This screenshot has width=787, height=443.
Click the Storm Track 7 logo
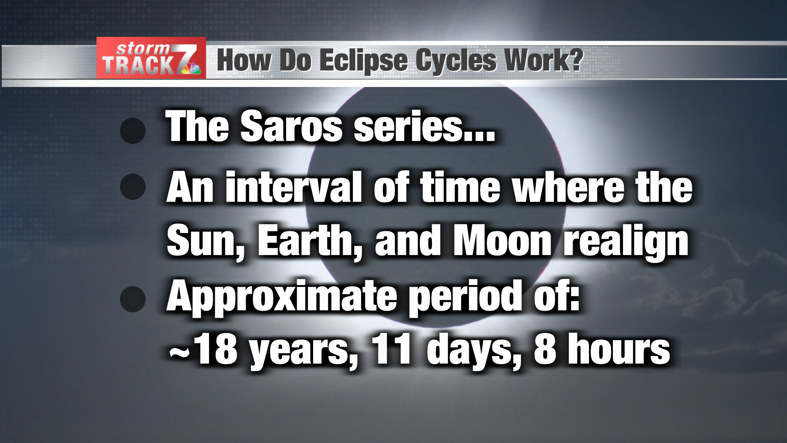tap(151, 58)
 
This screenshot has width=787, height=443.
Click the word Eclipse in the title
tap(363, 60)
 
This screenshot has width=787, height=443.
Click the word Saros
tap(291, 127)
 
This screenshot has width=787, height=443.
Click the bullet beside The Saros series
tap(133, 131)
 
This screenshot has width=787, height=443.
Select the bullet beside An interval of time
tap(133, 187)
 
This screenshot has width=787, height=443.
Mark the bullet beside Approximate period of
tap(133, 299)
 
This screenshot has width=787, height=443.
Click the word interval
tap(293, 187)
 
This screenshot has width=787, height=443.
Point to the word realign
tap(627, 243)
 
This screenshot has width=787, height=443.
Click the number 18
tap(216, 349)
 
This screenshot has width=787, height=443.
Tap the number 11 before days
tap(391, 349)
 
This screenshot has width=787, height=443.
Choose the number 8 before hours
tap(545, 349)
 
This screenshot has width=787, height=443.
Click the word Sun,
tap(205, 242)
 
